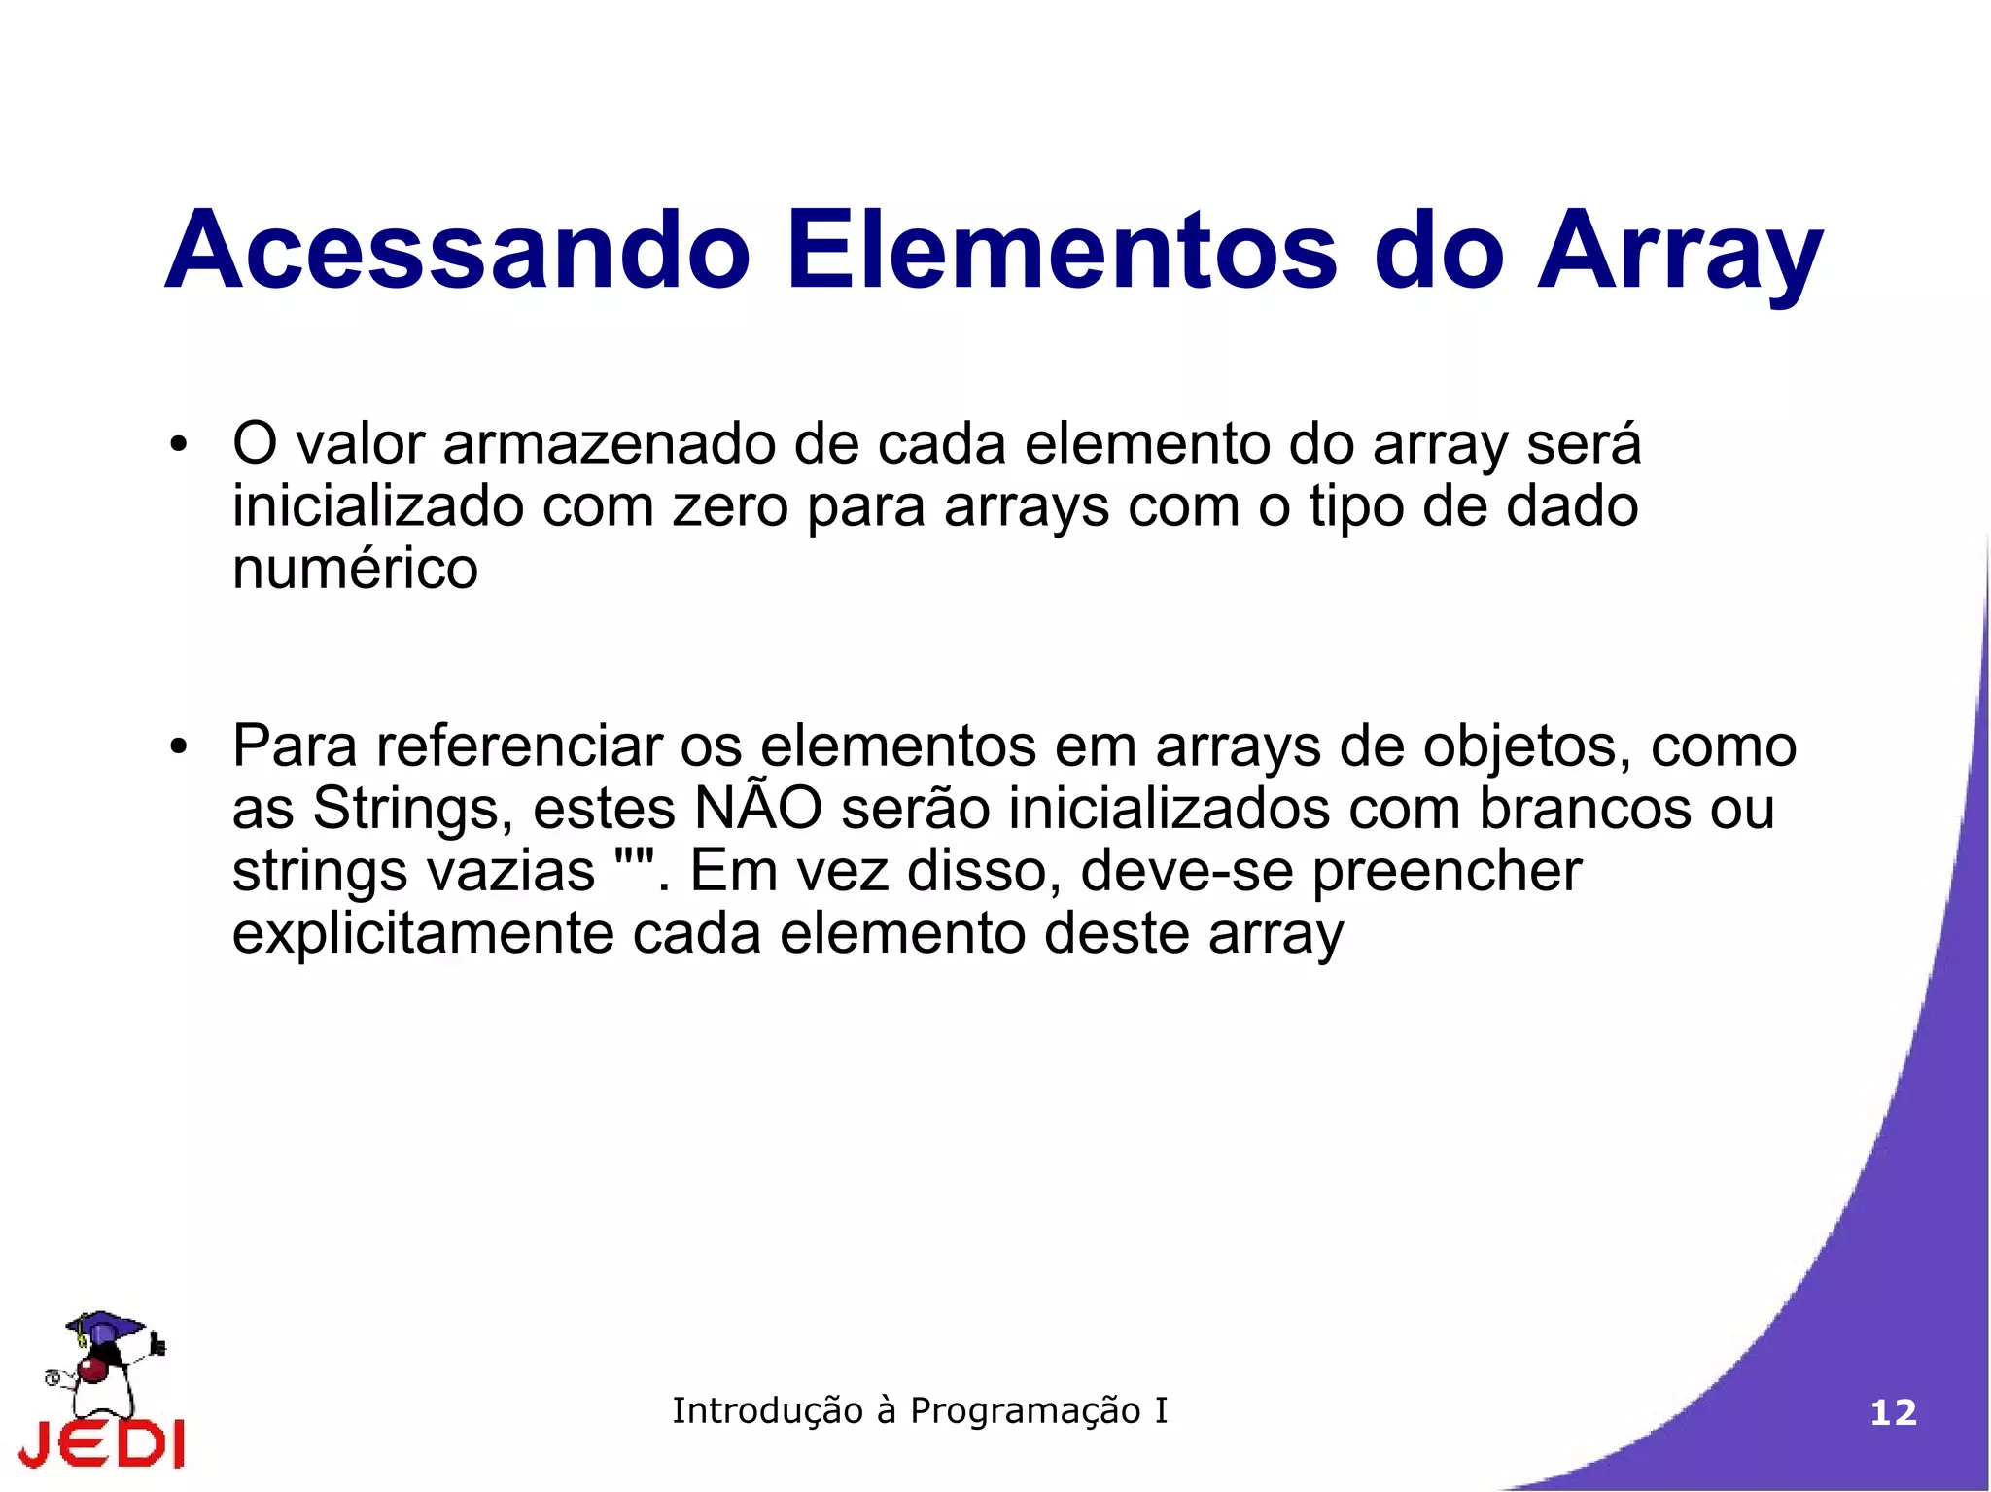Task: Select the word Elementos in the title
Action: [x=1063, y=251]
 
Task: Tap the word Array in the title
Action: [x=1679, y=255]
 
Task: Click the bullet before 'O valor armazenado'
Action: [x=177, y=446]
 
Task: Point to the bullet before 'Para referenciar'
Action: [x=177, y=748]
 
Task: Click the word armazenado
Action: [x=609, y=444]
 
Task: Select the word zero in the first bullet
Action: [x=729, y=507]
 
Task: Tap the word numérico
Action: [x=355, y=569]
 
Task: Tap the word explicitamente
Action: [x=423, y=935]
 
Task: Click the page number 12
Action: [x=1893, y=1412]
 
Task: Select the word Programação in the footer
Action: [x=1025, y=1411]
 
